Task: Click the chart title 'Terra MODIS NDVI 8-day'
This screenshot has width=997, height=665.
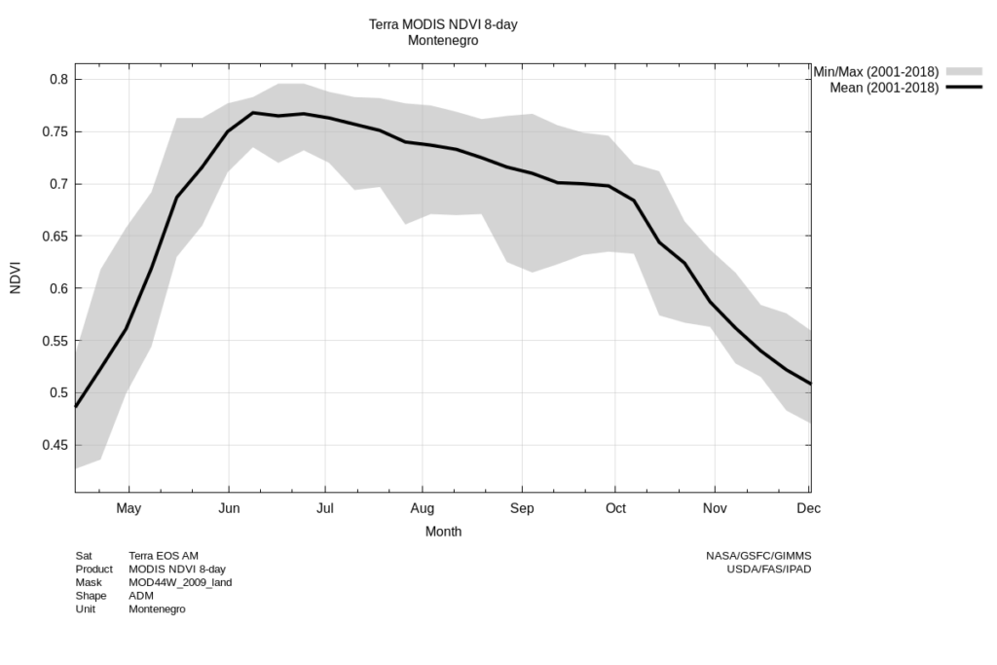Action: (x=443, y=24)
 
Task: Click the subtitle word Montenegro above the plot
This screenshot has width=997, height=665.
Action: (x=443, y=41)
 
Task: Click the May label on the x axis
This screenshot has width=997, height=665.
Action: (x=129, y=508)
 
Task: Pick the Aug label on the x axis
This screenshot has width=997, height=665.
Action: (x=422, y=508)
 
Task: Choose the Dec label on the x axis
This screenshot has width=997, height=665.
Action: (x=808, y=508)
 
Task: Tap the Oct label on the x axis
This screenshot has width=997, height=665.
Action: (x=615, y=508)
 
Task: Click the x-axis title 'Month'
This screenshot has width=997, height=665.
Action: (x=443, y=532)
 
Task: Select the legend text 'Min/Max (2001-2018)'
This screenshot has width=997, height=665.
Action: (x=875, y=72)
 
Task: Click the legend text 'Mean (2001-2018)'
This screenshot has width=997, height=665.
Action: (x=884, y=88)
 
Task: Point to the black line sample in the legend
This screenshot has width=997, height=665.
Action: (x=964, y=88)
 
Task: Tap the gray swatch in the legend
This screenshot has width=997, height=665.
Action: (x=964, y=72)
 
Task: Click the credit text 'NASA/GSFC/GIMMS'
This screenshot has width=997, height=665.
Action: (x=758, y=556)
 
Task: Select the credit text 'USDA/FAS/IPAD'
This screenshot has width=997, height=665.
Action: (x=768, y=569)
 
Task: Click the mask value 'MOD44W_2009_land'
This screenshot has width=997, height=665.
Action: (x=180, y=582)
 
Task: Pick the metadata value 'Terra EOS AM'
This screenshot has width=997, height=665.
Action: (x=164, y=556)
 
